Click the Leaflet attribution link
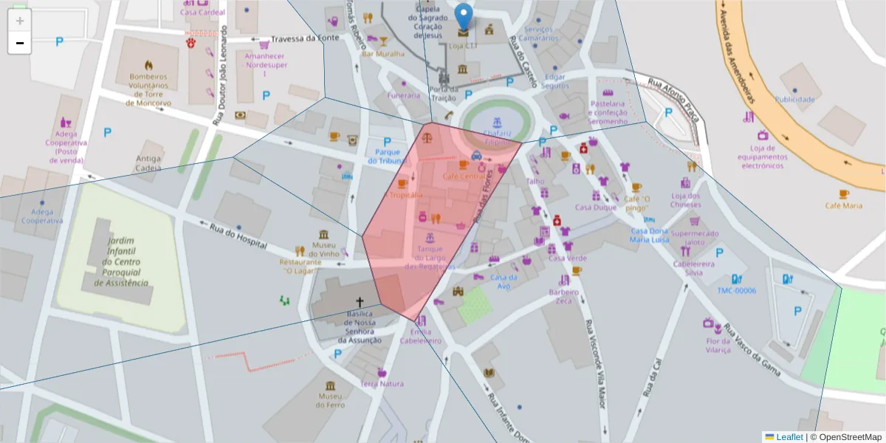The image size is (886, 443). click(x=789, y=436)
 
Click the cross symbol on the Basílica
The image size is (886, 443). click(x=360, y=302)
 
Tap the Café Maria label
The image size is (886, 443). click(x=843, y=205)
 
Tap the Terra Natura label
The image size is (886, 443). click(x=382, y=383)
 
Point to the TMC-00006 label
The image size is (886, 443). click(x=736, y=290)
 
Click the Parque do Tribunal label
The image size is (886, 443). click(x=388, y=156)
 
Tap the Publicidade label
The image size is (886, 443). click(x=794, y=99)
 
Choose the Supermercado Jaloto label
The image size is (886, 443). click(x=695, y=237)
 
